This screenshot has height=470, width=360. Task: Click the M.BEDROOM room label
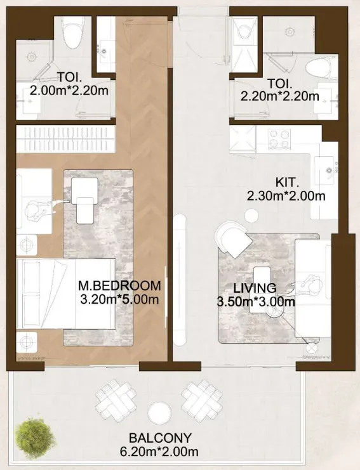coord(119,285)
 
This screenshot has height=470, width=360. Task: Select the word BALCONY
coord(160,438)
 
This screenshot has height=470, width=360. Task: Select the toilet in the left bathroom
coord(72,32)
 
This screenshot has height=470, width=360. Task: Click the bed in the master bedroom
coord(66,294)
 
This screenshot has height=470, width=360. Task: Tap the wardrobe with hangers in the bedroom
coord(65,139)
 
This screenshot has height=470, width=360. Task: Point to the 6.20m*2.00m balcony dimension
coord(159,451)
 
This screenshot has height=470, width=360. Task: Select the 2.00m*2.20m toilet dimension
coord(69,90)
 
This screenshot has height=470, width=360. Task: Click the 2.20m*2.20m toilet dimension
coord(280,96)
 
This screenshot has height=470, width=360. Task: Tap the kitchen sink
coord(324,171)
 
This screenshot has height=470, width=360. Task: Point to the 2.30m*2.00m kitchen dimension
coord(286,196)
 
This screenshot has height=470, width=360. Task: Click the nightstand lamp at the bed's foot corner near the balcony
coord(27,342)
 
